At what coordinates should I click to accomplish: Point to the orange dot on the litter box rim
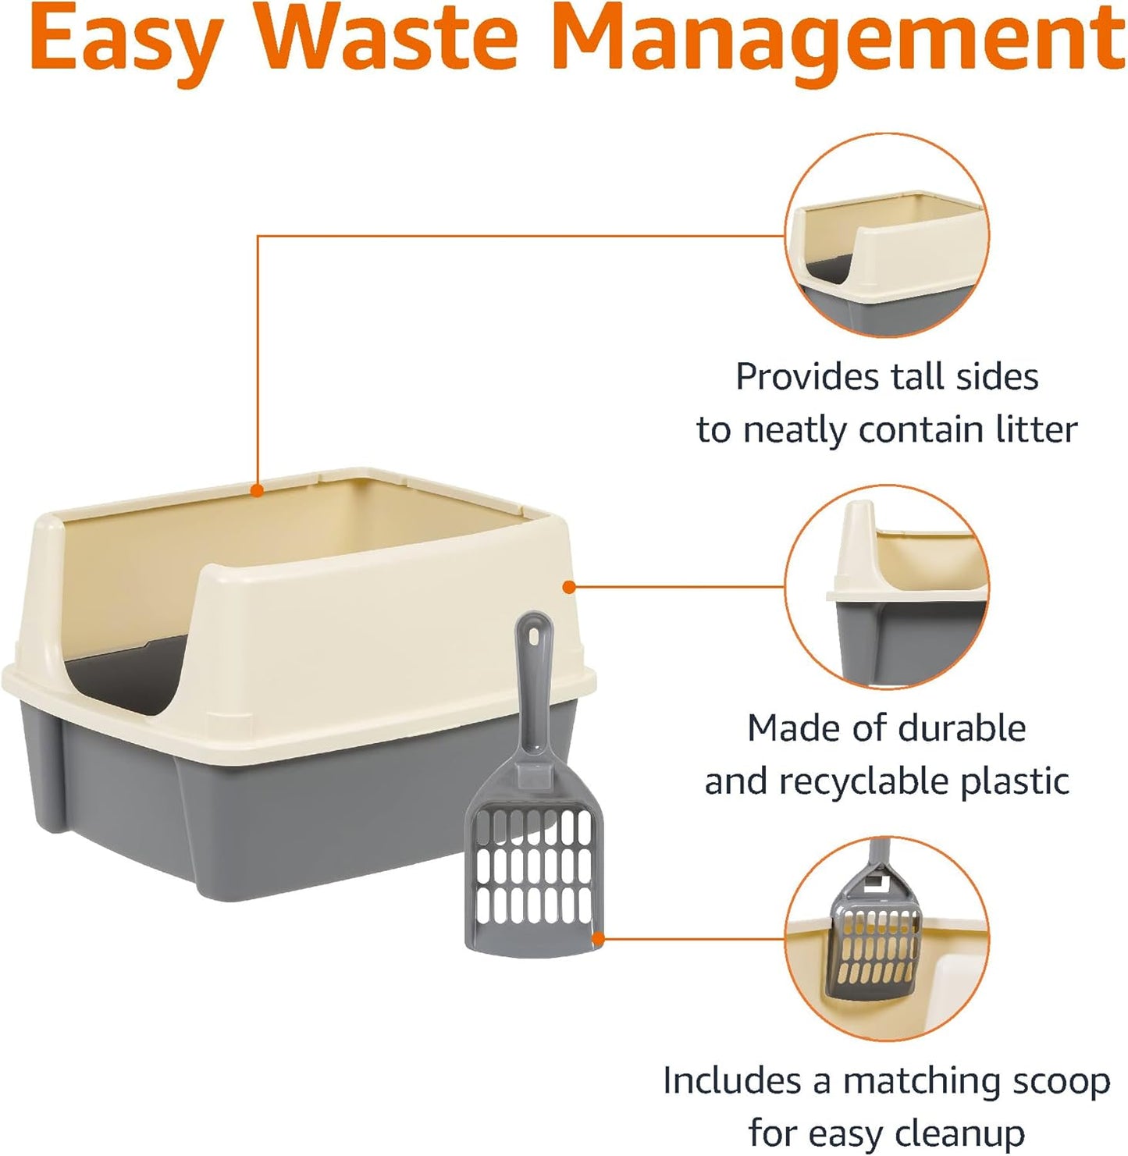257,490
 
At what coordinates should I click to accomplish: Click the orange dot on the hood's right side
569,586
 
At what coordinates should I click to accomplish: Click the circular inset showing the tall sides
887,235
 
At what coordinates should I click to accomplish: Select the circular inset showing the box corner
887,586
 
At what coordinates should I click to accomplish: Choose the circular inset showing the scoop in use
887,938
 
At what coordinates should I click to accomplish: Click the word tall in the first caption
919,377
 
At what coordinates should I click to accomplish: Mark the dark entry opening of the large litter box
129,671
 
